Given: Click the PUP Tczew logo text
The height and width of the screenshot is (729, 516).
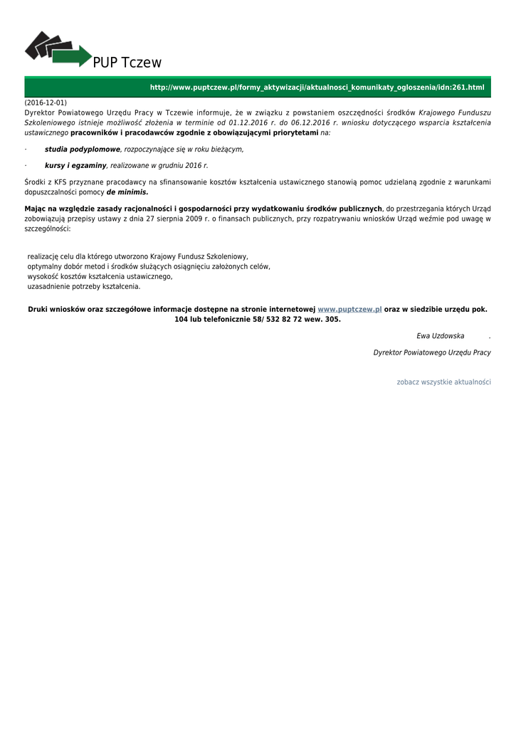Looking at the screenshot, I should click(127, 63).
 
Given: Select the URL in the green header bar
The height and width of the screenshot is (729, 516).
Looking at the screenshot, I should click(316, 88).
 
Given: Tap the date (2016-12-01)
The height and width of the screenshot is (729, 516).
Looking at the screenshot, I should click(46, 103).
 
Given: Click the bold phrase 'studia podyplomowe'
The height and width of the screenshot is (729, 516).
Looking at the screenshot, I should click(83, 150).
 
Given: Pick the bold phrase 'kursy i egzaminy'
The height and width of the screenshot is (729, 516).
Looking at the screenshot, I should click(75, 165).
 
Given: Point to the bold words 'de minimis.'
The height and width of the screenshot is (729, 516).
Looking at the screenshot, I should click(127, 192).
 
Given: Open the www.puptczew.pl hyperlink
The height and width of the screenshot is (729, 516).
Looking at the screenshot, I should click(349, 310).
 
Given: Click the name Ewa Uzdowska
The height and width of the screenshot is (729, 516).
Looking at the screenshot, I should click(440, 335).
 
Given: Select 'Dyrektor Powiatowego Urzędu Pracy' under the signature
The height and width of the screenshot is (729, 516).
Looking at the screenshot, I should click(431, 352).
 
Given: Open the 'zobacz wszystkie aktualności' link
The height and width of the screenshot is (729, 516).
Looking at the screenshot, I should click(443, 382).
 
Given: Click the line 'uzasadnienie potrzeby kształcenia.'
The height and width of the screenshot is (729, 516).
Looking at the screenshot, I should click(84, 286).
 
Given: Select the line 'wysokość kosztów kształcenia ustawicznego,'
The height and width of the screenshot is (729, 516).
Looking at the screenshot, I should click(100, 276).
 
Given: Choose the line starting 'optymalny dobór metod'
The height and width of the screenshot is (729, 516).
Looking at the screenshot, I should click(149, 266).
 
